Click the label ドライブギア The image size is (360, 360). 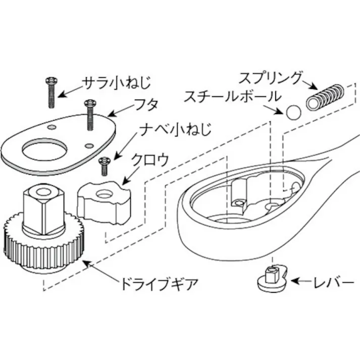tap(157, 283)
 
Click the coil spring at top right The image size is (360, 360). tap(326, 97)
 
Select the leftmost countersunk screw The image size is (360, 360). tap(51, 92)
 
